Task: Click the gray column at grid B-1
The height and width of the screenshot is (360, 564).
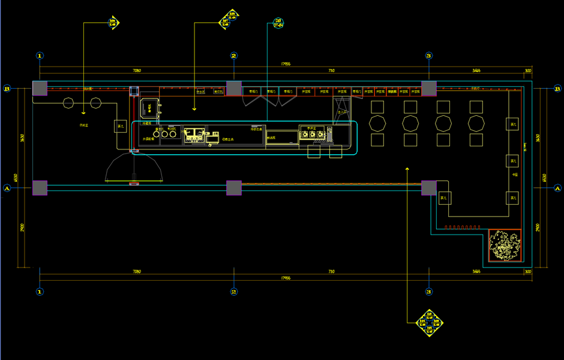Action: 40,88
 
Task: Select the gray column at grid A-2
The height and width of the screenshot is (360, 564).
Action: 234,188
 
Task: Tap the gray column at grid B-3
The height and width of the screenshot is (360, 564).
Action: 428,88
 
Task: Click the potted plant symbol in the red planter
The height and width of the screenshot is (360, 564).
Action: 505,245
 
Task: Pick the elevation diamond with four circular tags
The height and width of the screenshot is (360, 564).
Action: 430,325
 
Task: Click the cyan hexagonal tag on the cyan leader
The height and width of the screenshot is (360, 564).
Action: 278,23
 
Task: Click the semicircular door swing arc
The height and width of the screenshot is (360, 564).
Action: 134,166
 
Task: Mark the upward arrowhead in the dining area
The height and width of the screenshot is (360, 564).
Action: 407,169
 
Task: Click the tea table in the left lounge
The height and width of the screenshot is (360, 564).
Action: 120,126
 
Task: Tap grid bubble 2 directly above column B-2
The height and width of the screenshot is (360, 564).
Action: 234,56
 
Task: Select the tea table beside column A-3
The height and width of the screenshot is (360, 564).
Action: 444,198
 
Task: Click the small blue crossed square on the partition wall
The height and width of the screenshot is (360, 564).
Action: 134,91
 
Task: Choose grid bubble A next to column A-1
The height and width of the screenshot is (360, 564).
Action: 7,188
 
